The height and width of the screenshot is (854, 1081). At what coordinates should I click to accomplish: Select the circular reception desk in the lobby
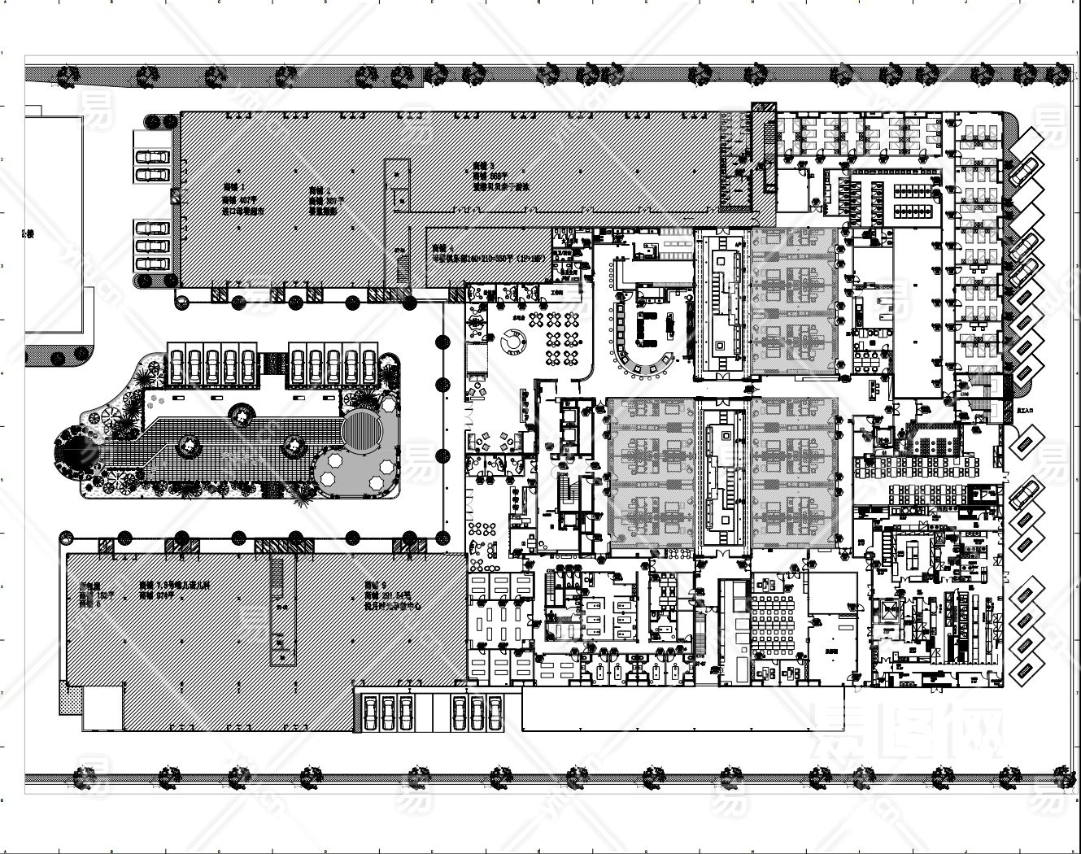513,346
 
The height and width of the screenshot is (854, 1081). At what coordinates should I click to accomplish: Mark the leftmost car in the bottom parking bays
368,712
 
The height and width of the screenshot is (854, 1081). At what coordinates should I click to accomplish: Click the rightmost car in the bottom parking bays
493,712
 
